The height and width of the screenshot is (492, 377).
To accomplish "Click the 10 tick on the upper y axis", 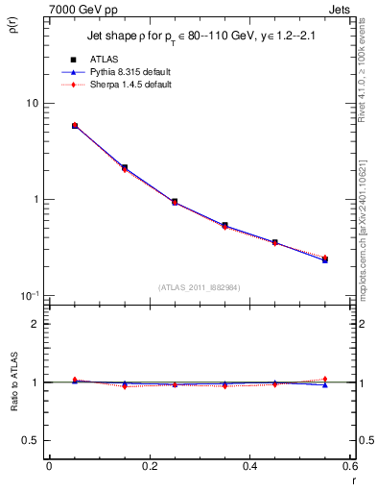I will [x=32, y=104].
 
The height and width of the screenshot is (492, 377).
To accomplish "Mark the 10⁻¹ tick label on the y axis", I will [x=29, y=295].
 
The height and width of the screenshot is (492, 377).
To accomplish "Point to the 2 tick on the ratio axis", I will [x=35, y=324].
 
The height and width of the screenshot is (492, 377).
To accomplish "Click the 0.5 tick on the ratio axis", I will [x=31, y=440].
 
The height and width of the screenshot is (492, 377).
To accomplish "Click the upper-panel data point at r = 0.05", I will [x=75, y=126].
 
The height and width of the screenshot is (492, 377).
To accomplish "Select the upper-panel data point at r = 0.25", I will [x=175, y=202].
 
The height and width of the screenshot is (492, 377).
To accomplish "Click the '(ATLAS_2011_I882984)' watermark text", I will [x=199, y=287].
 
